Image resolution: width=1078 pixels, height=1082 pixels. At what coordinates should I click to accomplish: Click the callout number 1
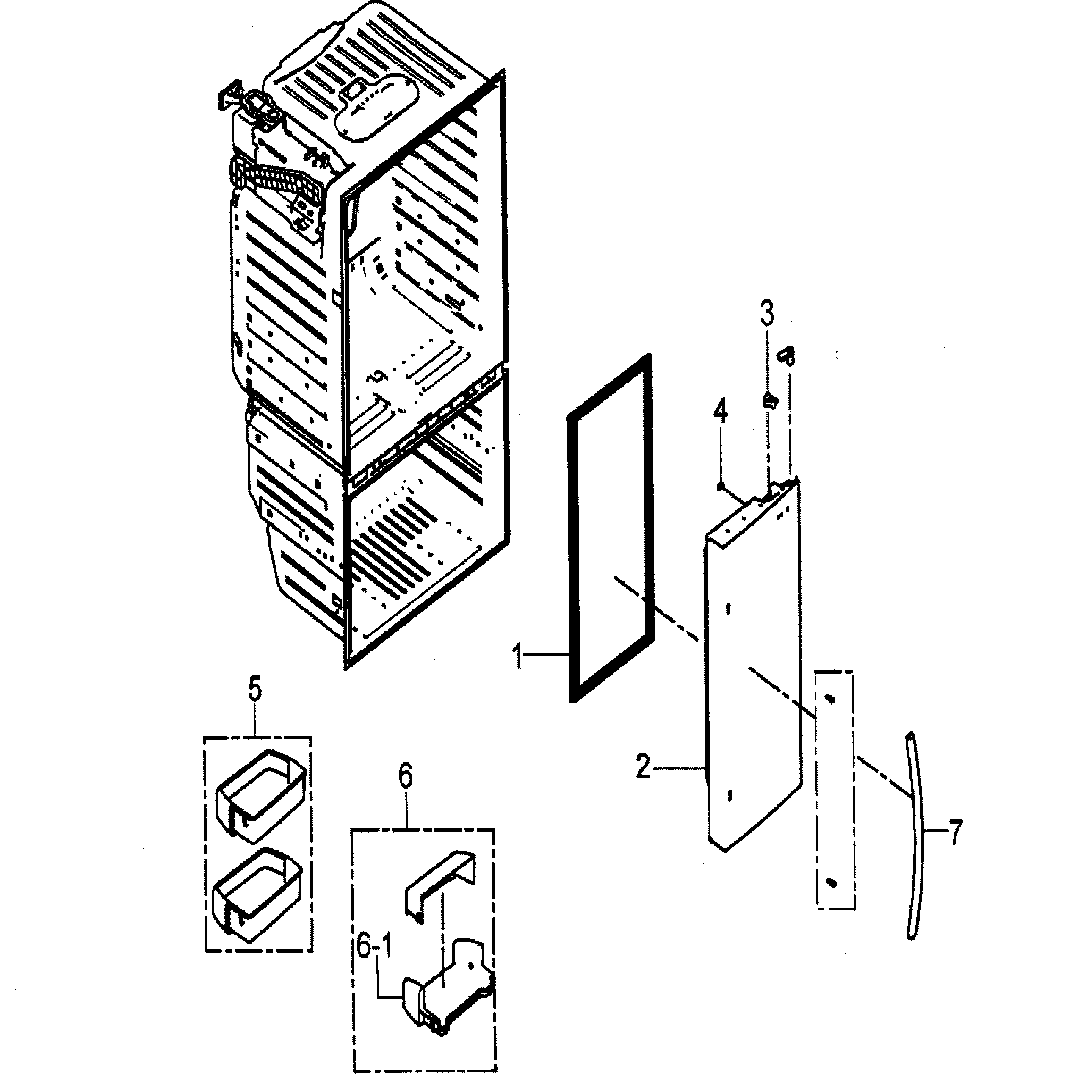(x=519, y=656)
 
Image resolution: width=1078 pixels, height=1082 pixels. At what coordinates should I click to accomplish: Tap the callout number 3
(x=767, y=314)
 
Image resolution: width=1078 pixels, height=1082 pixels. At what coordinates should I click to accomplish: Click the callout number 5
(x=255, y=690)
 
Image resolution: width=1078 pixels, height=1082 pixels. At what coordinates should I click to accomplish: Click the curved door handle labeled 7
(x=916, y=834)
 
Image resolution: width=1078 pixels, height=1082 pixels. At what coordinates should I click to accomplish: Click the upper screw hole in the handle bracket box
(x=830, y=700)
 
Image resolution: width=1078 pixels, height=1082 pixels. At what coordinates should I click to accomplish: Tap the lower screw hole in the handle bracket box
(x=832, y=883)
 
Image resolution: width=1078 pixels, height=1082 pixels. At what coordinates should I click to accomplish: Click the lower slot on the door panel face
(x=730, y=796)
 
